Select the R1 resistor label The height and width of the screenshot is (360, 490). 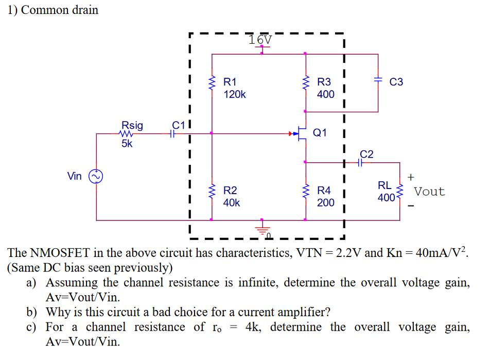tap(230, 82)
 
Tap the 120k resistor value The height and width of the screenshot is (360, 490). tap(235, 95)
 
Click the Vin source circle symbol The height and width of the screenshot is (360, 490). tap(96, 177)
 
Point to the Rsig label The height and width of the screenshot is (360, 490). tap(132, 125)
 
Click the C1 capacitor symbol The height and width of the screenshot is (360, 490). tap(174, 133)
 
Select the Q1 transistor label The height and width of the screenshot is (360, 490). tap(320, 132)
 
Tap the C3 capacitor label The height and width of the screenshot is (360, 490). tap(396, 82)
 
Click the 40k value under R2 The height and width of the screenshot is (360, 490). tap(232, 203)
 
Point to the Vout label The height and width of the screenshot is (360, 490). tap(429, 192)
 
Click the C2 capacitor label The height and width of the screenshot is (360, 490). tap(366, 153)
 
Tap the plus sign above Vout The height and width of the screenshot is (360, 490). tap(410, 177)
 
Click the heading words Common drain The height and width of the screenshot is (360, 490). tap(60, 10)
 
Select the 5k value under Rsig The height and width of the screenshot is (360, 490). tap(127, 144)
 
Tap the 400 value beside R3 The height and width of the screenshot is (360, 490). tap(325, 95)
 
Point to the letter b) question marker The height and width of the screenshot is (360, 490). tap(32, 312)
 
